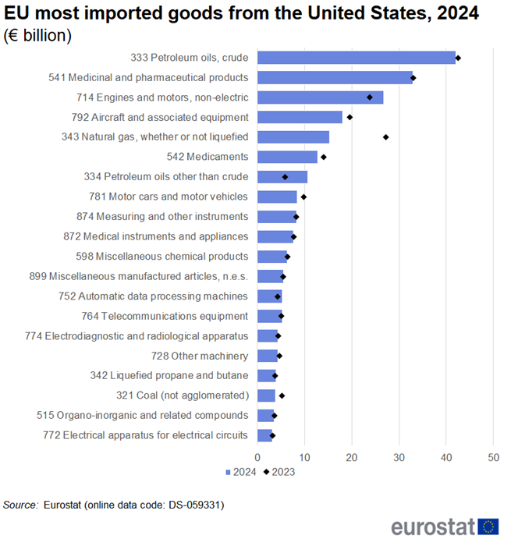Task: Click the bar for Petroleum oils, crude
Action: [356, 58]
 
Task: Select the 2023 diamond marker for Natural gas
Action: [385, 137]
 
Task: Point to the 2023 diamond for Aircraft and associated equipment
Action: [350, 117]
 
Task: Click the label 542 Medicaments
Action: [207, 157]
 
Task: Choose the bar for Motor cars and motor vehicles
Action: [277, 197]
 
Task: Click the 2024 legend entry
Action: [239, 471]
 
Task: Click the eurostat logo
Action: [445, 524]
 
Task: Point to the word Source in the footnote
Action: [20, 505]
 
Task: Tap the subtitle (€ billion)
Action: [38, 35]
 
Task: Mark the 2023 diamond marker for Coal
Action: [282, 395]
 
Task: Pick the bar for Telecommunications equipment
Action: [269, 316]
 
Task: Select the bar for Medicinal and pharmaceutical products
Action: [335, 77]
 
